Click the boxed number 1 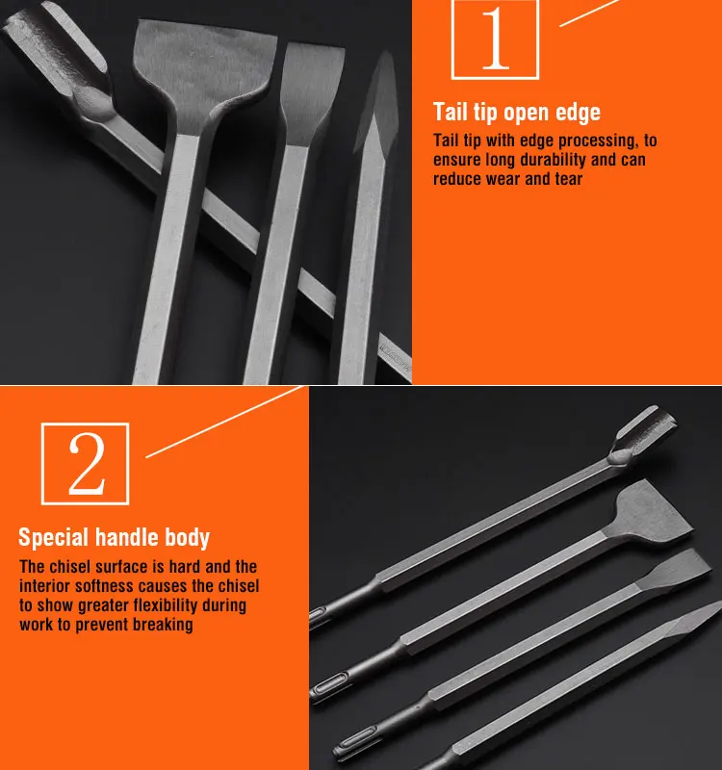tap(495, 38)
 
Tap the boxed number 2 tap(86, 464)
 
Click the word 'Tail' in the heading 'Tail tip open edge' tap(451, 112)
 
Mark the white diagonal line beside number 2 tap(224, 422)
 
